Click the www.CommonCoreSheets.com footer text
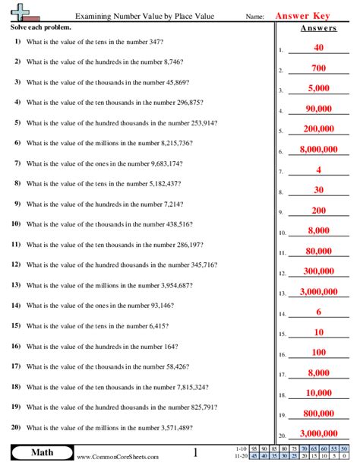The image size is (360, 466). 118,457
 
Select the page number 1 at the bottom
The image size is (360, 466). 194,453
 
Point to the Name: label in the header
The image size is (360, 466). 255,17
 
